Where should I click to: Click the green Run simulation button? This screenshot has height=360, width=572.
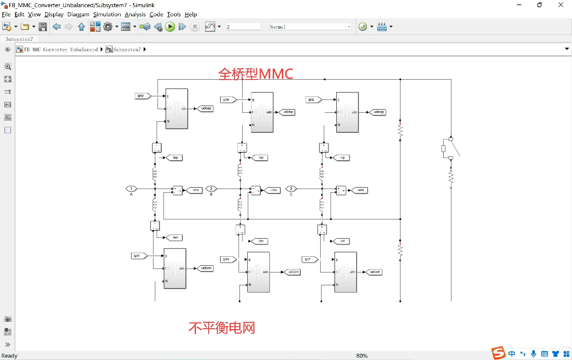(x=170, y=27)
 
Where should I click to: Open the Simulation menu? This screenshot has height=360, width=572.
(x=107, y=14)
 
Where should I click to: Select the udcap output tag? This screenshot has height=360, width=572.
(x=206, y=108)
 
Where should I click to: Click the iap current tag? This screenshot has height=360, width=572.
(x=175, y=157)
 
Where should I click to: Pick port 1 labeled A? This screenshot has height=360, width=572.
(x=131, y=189)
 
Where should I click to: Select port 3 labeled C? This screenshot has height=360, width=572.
(x=291, y=189)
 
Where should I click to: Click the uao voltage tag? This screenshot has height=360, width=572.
(x=195, y=190)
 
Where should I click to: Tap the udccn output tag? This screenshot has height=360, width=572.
(x=375, y=272)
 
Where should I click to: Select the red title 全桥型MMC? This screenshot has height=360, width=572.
(x=255, y=74)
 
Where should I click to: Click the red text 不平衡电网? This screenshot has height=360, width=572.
(x=222, y=328)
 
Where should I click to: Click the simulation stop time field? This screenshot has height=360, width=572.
(x=243, y=27)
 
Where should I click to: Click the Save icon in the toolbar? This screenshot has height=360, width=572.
(x=43, y=27)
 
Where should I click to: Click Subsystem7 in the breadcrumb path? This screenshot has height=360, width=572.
(x=127, y=49)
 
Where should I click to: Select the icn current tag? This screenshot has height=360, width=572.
(x=342, y=241)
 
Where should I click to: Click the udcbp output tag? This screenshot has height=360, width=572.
(x=288, y=112)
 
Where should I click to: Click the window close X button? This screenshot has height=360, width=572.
(x=561, y=5)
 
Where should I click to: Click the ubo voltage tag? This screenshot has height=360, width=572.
(x=273, y=190)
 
